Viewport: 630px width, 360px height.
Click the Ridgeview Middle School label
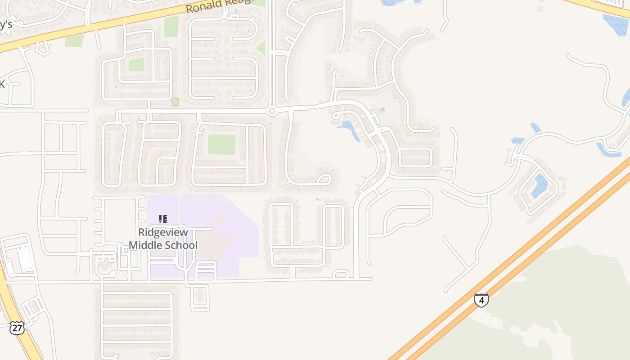[x=163, y=239]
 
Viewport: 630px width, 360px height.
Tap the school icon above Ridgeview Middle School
[x=163, y=219]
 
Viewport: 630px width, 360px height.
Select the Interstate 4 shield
[x=481, y=300]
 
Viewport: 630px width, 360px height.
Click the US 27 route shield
[x=17, y=328]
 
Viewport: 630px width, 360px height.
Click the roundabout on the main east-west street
[x=272, y=111]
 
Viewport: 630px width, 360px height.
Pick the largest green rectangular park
[x=221, y=144]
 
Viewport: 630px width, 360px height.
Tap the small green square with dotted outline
[x=175, y=102]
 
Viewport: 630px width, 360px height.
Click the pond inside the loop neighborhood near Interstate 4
[x=540, y=185]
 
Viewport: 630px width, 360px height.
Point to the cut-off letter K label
[x=2, y=84]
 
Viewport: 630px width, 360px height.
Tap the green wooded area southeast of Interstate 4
[x=562, y=306]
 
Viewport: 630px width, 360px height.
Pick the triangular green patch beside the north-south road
[x=261, y=48]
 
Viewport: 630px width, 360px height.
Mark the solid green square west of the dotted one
[x=136, y=64]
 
